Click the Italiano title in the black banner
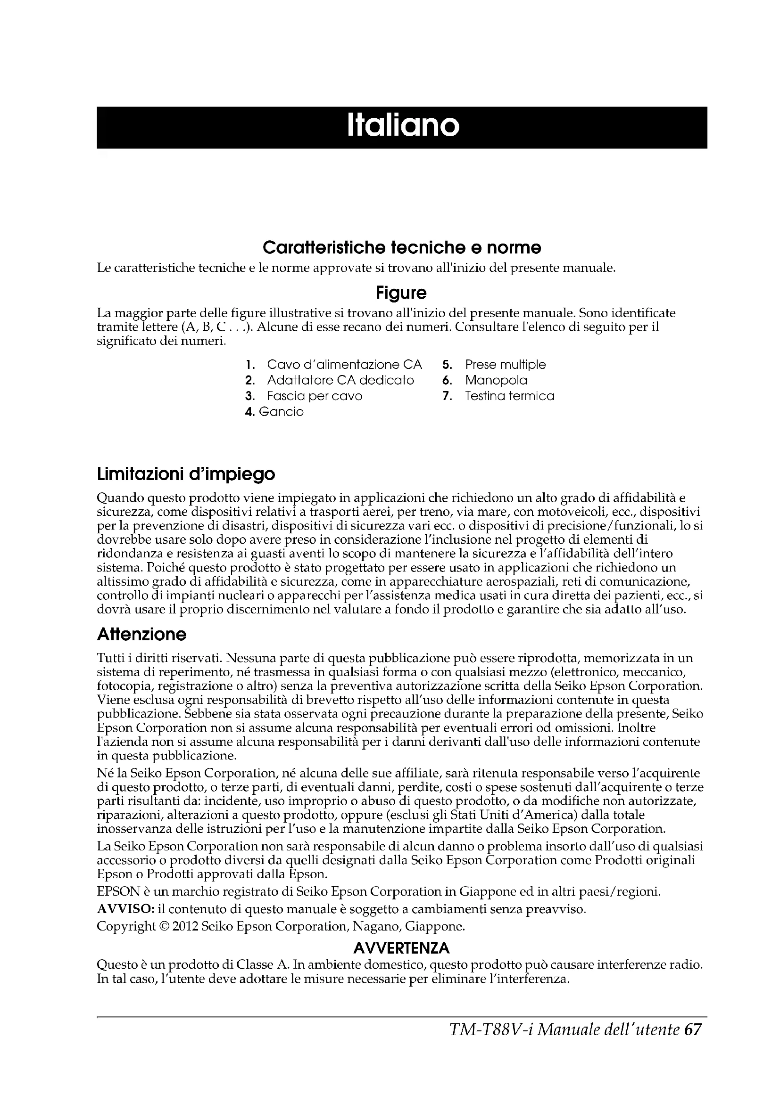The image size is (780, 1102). click(x=402, y=126)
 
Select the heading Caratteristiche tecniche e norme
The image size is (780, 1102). click(x=401, y=248)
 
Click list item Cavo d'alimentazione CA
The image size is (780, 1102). click(x=344, y=365)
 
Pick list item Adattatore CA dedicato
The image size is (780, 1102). click(x=340, y=381)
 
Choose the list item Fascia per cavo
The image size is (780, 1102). click(x=315, y=396)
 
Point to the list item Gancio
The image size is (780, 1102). click(x=281, y=412)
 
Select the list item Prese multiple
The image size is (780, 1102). click(x=505, y=365)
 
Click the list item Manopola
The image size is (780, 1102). click(x=496, y=381)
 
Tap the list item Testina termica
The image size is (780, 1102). click(x=509, y=396)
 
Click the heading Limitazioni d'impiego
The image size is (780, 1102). click(x=186, y=475)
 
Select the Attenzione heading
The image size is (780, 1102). click(x=141, y=635)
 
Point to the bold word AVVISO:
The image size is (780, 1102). click(x=125, y=909)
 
